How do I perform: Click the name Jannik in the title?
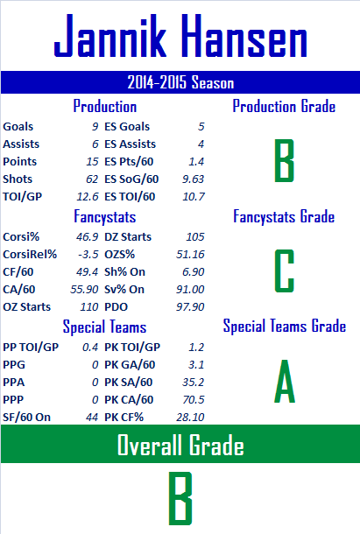[110, 35]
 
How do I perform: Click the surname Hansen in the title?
[244, 35]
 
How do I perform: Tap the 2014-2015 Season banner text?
[180, 82]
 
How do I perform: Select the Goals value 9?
[95, 127]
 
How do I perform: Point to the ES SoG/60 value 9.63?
[193, 179]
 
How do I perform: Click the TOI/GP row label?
[23, 197]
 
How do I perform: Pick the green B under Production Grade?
[284, 160]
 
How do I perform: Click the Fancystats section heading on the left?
[105, 217]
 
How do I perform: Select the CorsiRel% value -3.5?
[88, 255]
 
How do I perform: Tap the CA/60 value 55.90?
[84, 290]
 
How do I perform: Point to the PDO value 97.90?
[190, 307]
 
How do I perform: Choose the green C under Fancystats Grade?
[284, 271]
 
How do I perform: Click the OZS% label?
[120, 255]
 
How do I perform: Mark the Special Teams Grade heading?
[285, 326]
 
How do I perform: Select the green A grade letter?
[285, 381]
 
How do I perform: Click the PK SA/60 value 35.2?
[193, 382]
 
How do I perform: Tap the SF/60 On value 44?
[92, 418]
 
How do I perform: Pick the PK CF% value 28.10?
[190, 418]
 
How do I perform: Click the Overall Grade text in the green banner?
[180, 445]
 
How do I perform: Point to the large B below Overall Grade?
[180, 498]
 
